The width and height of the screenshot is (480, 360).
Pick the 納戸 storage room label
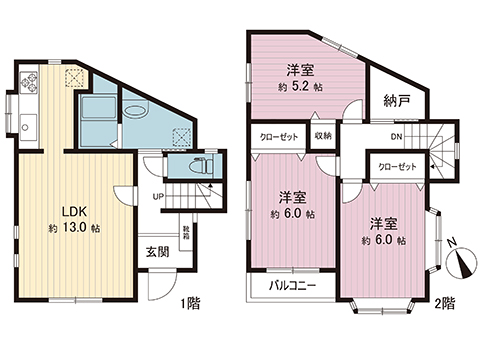coord(396,101)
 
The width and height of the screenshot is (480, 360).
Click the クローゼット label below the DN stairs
coord(399,168)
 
